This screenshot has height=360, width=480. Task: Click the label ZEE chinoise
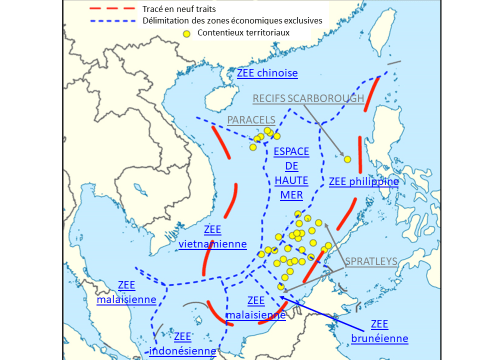(269, 74)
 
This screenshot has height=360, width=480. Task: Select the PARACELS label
(250, 120)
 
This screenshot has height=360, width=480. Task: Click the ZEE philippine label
(364, 182)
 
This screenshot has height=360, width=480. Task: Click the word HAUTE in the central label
(290, 180)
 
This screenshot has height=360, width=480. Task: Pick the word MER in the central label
(290, 195)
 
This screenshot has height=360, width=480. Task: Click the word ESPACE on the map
(290, 150)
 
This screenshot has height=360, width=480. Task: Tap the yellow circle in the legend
(186, 34)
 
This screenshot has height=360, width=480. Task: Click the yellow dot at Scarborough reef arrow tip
(347, 158)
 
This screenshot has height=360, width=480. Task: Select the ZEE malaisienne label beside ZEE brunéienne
(256, 307)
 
